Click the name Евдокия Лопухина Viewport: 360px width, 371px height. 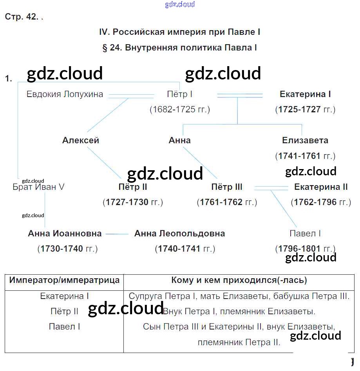click(x=65, y=94)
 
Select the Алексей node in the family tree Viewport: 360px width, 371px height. click(x=81, y=140)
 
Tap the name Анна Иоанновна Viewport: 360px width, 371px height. click(x=65, y=234)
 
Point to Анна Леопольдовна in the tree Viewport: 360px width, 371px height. click(x=179, y=234)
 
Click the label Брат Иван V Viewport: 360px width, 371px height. click(x=38, y=187)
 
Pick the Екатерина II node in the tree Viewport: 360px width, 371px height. click(x=321, y=187)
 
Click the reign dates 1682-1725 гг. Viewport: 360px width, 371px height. click(x=180, y=110)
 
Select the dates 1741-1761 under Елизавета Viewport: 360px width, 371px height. click(x=305, y=156)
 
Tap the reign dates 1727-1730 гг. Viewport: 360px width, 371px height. click(x=133, y=202)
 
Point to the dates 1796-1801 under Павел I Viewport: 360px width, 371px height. click(x=305, y=249)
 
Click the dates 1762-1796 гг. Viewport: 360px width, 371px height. click(x=320, y=202)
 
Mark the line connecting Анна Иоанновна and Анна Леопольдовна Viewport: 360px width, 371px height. click(x=117, y=234)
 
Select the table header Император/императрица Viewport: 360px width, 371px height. click(x=65, y=280)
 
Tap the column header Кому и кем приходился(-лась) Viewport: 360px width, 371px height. click(x=239, y=280)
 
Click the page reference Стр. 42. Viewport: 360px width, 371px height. click(x=22, y=17)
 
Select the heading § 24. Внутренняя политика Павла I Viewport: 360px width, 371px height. click(x=179, y=48)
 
